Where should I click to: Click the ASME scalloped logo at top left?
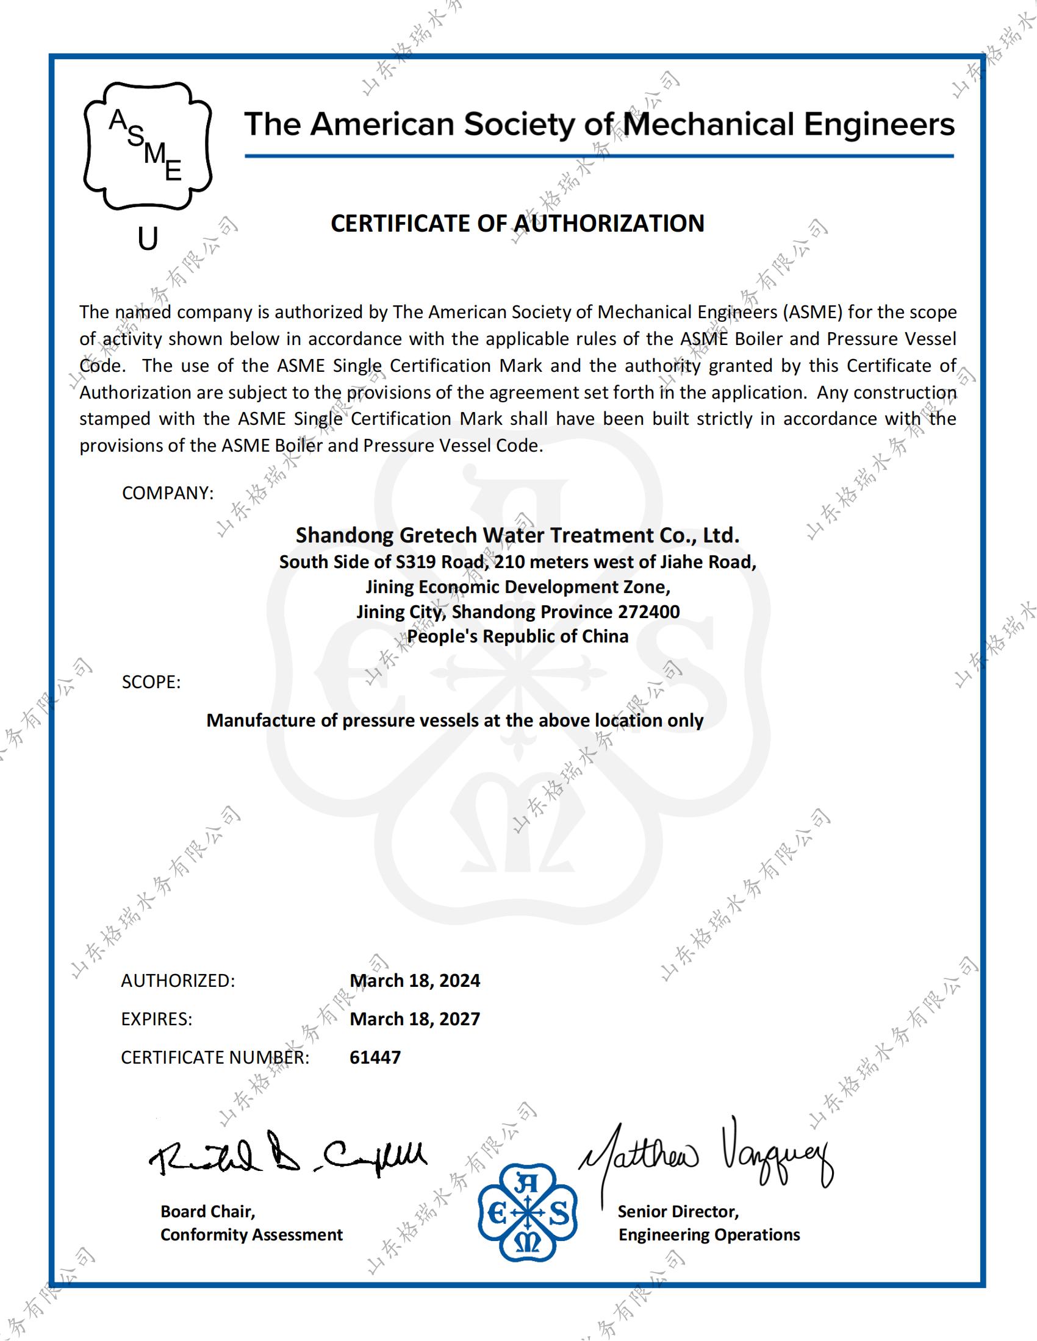(x=148, y=146)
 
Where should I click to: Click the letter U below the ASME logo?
(x=148, y=239)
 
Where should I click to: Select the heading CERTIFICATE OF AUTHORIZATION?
(x=517, y=224)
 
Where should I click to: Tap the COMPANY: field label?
(x=168, y=493)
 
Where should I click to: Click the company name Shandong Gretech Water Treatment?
(x=517, y=535)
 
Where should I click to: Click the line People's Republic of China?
(x=517, y=636)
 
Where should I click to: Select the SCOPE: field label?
(x=151, y=682)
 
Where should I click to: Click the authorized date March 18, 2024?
(x=415, y=981)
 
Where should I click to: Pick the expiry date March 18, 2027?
(x=415, y=1019)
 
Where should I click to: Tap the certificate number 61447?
(x=375, y=1058)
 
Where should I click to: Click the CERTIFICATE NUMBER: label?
(x=215, y=1058)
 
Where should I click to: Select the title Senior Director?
(x=678, y=1211)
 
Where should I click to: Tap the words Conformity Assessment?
(x=251, y=1235)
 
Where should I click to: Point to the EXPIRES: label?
(x=157, y=1019)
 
